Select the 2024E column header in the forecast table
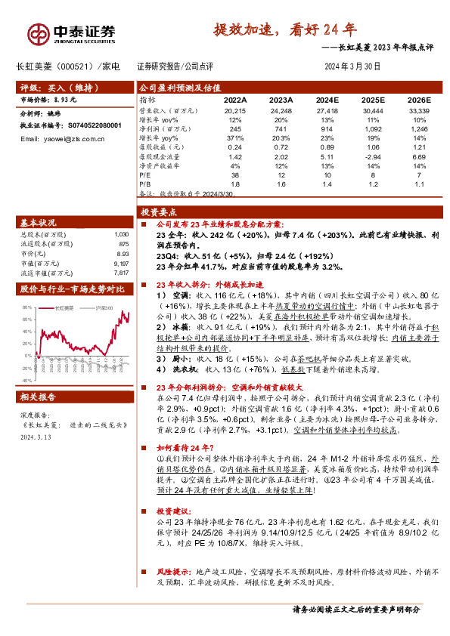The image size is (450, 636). click(327, 99)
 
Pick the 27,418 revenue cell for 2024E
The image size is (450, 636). click(327, 111)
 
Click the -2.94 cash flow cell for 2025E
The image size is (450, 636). click(374, 156)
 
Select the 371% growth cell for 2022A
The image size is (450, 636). click(234, 138)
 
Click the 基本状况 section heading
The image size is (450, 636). click(37, 224)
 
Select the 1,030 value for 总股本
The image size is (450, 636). click(120, 235)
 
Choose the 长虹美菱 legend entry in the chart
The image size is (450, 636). click(64, 309)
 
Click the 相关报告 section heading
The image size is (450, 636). click(37, 397)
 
